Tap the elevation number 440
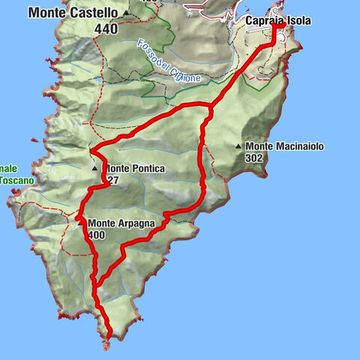106,28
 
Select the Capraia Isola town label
277,21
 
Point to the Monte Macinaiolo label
284,146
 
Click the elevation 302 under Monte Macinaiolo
254,158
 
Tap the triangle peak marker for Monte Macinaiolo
238,146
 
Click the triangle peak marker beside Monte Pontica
95,169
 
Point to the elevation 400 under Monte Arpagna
97,235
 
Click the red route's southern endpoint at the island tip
109,334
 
